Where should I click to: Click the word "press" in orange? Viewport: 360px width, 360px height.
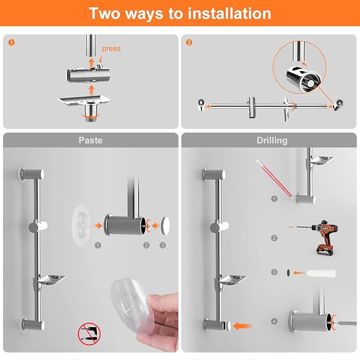(111, 49)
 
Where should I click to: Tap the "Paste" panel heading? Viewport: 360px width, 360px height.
(91, 141)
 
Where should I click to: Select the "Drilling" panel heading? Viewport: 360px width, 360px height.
(272, 141)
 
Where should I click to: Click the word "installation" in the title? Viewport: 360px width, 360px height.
(230, 13)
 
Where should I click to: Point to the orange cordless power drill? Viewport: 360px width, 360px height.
(321, 236)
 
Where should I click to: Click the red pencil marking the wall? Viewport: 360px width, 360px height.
(274, 178)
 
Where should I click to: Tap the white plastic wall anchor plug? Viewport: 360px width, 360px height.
(321, 273)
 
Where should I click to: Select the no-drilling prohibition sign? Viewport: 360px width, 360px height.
(89, 334)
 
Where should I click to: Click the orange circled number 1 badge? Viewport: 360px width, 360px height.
(12, 42)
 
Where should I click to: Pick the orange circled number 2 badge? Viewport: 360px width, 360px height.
(189, 42)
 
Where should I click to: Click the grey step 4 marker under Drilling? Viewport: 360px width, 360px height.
(274, 321)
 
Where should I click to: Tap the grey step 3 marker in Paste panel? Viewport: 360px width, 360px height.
(163, 245)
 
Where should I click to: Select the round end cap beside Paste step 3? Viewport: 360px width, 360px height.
(165, 225)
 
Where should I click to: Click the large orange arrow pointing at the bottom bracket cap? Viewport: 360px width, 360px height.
(242, 326)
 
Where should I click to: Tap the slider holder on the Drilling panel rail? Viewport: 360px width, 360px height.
(219, 227)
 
